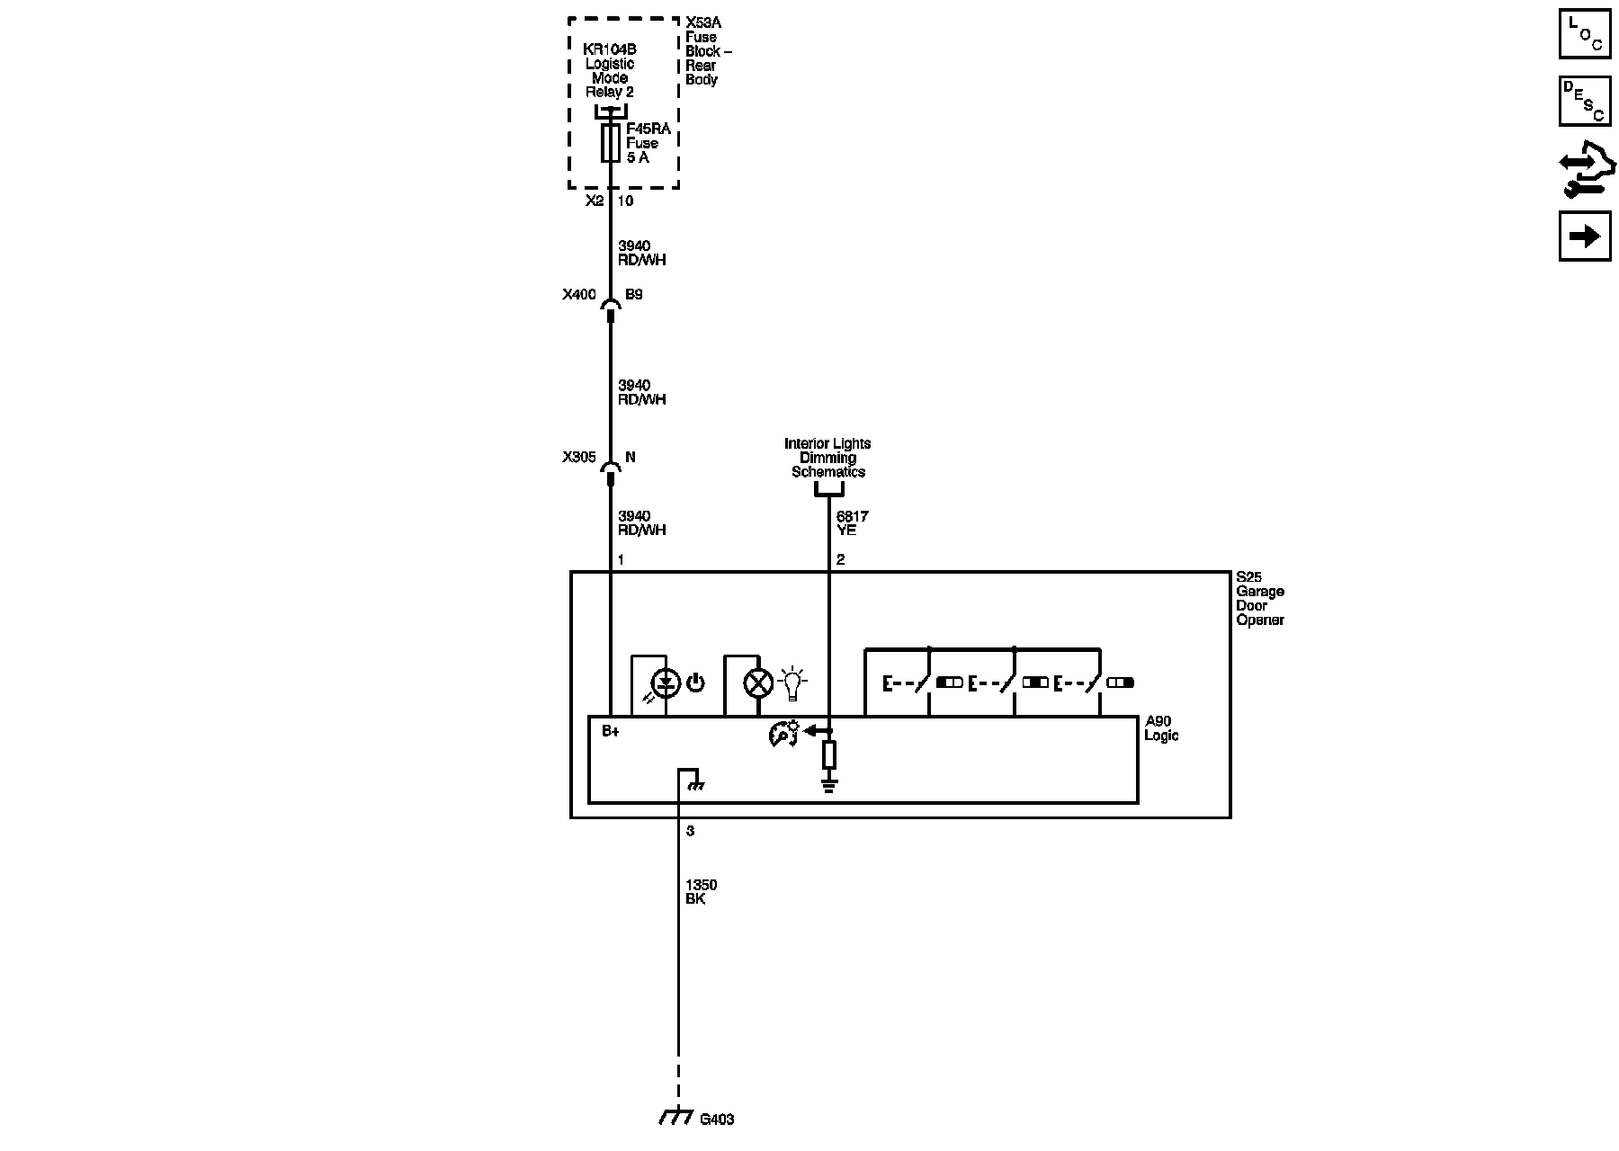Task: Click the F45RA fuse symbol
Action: (x=610, y=143)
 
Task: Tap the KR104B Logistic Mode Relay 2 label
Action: (x=610, y=70)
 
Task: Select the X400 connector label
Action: (x=578, y=295)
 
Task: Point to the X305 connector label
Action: (x=578, y=457)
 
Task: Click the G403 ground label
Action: (x=717, y=1120)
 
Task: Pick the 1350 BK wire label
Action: (x=701, y=892)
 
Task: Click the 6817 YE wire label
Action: (x=852, y=523)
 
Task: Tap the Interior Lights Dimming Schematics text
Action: (x=827, y=458)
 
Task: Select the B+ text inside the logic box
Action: (x=611, y=731)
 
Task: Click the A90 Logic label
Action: (x=1161, y=728)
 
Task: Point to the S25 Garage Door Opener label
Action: (x=1259, y=599)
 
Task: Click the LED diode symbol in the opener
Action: (x=666, y=683)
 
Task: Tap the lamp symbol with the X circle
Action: (x=758, y=683)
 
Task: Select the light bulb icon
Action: (x=792, y=683)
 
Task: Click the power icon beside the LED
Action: (x=695, y=683)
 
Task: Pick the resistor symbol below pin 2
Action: (x=829, y=754)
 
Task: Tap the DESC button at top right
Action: (x=1584, y=101)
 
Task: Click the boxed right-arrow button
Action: (x=1584, y=236)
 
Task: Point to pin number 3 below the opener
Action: (x=690, y=831)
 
